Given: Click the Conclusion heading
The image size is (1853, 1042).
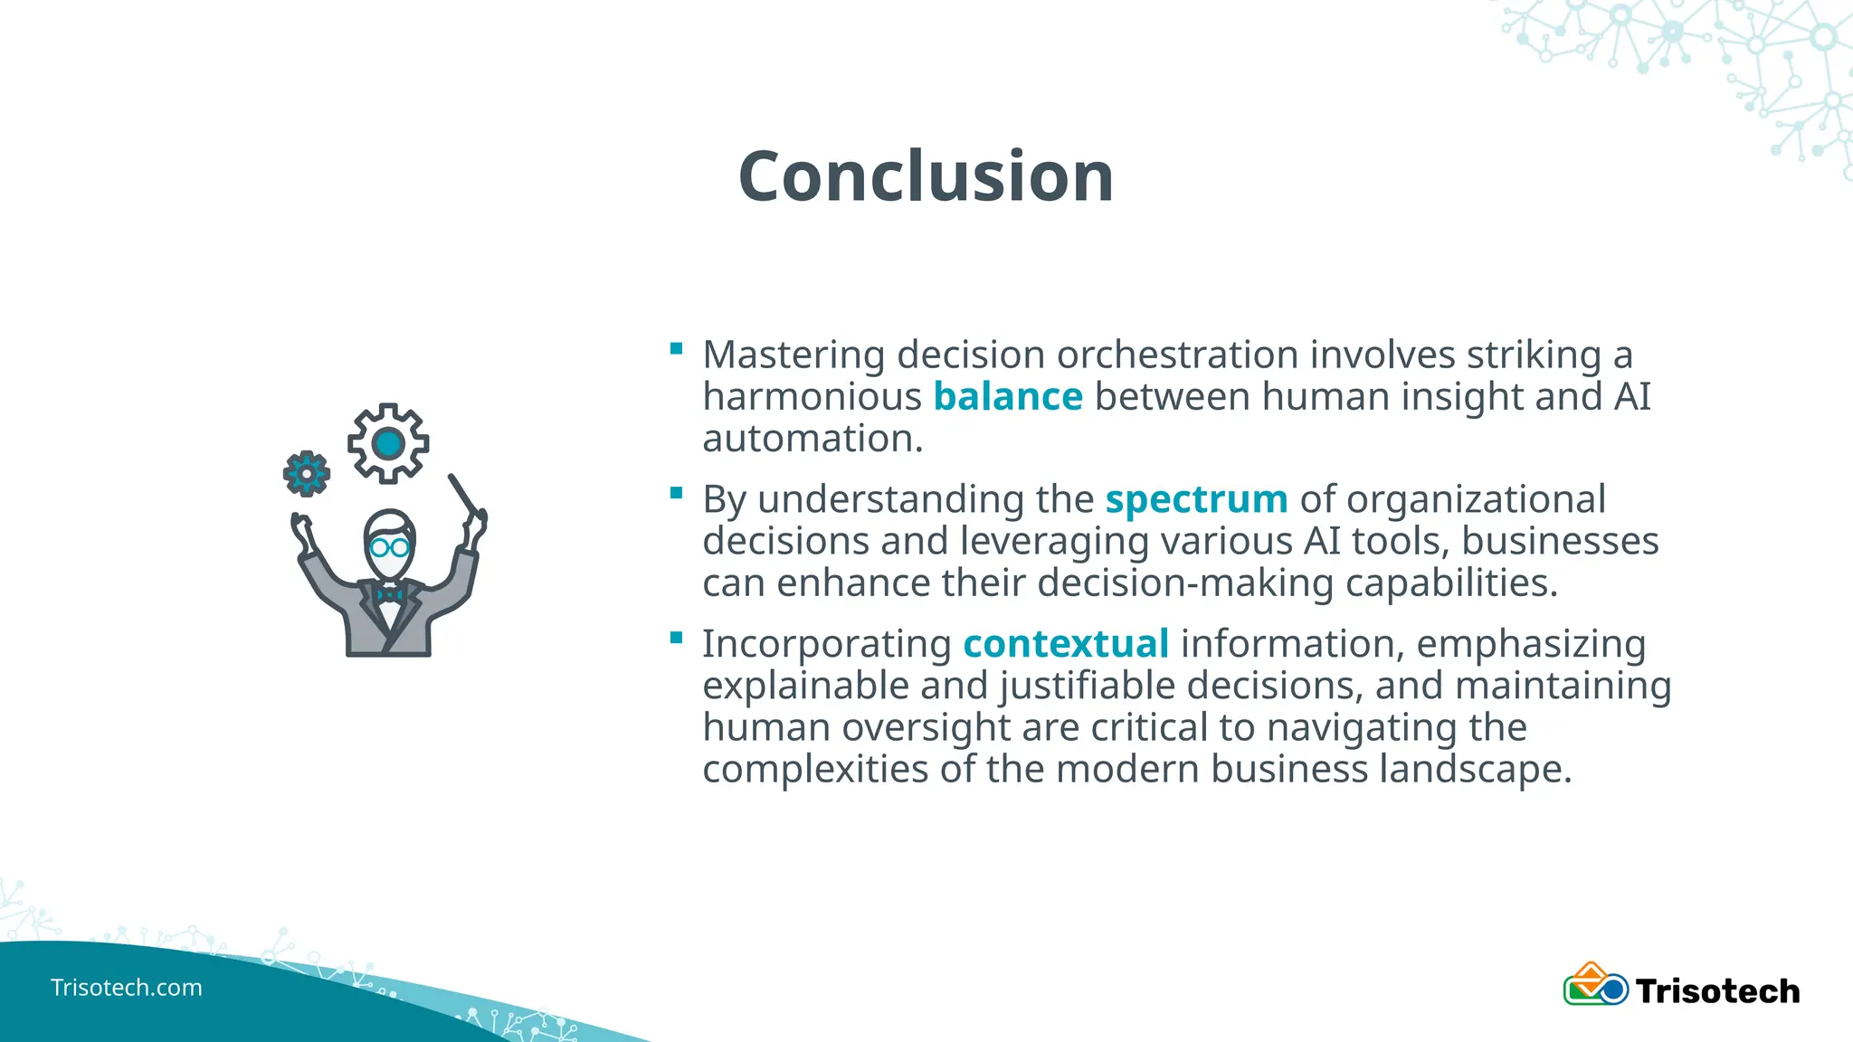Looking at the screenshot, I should pos(926,176).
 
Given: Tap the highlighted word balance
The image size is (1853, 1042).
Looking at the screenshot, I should pos(1007,396).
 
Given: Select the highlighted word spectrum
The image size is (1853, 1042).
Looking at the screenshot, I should pos(1196,499).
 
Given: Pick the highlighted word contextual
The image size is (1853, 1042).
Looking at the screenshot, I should pos(1066,644).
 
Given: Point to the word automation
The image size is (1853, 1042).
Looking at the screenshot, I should pos(812,439).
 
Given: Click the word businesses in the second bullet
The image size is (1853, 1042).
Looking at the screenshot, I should pos(1559,541).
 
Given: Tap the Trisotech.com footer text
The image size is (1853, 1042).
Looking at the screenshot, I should pos(126,987).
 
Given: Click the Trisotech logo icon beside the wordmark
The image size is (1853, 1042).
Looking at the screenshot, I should pos(1594,985).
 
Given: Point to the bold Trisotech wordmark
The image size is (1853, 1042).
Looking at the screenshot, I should pos(1716,991).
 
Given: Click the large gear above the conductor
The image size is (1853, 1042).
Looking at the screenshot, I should pos(388,443).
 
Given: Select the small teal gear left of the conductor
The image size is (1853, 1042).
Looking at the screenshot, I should pos(306,473).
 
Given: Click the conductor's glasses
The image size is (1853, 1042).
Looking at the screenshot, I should pos(389,547).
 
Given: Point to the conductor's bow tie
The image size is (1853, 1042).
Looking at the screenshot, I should pos(389,594).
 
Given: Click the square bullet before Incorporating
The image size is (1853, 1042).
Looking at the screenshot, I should pos(676,638).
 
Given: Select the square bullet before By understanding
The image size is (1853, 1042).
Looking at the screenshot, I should pos(676,493).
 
